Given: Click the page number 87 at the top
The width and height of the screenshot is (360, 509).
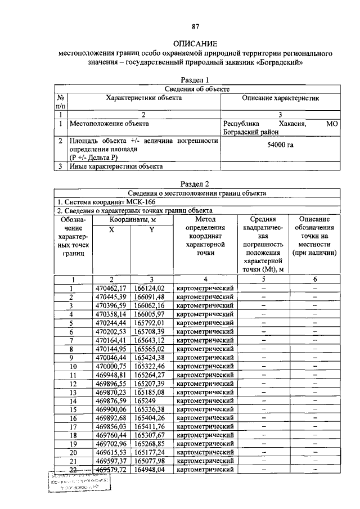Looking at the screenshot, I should coord(196,26).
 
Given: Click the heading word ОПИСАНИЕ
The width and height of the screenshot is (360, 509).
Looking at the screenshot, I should coord(196,43).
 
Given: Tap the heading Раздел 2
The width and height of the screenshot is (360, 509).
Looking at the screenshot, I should coord(196,183).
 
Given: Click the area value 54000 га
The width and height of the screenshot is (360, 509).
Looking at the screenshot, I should coord(280,145).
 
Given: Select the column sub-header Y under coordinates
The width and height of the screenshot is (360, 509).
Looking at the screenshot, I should coord(151,229).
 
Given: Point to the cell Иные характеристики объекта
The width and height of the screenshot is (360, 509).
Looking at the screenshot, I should coord(116,166).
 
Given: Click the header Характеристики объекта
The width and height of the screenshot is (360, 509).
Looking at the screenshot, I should coord(144,98).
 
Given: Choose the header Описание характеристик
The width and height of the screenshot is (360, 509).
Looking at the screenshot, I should coord(280,98).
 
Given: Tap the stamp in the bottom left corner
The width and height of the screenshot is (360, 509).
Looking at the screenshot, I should coord(79,482).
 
